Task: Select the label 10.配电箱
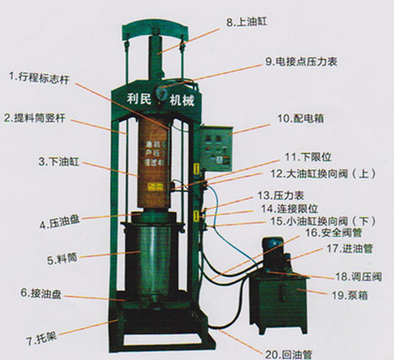301,116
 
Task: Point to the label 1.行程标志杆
39,76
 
